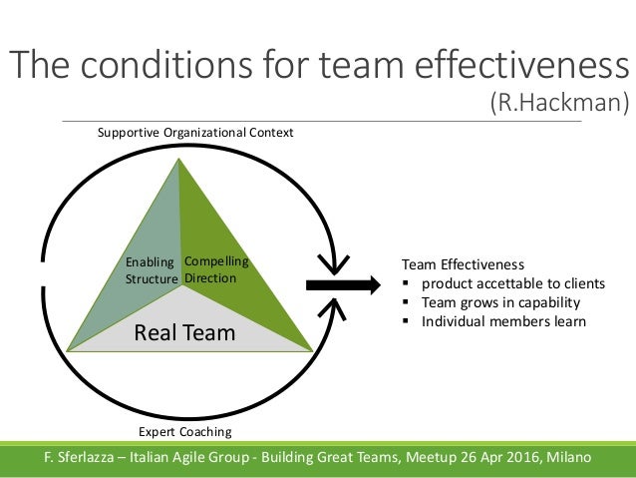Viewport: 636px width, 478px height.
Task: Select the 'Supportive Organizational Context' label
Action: click(x=195, y=132)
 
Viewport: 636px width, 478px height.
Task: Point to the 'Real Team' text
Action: click(x=185, y=332)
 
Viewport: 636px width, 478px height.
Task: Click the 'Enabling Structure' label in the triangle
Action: click(x=151, y=270)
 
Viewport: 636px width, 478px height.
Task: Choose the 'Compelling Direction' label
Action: click(x=215, y=269)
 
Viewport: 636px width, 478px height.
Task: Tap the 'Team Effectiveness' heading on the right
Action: click(x=462, y=264)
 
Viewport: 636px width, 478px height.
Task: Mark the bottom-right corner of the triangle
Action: click(x=312, y=350)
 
